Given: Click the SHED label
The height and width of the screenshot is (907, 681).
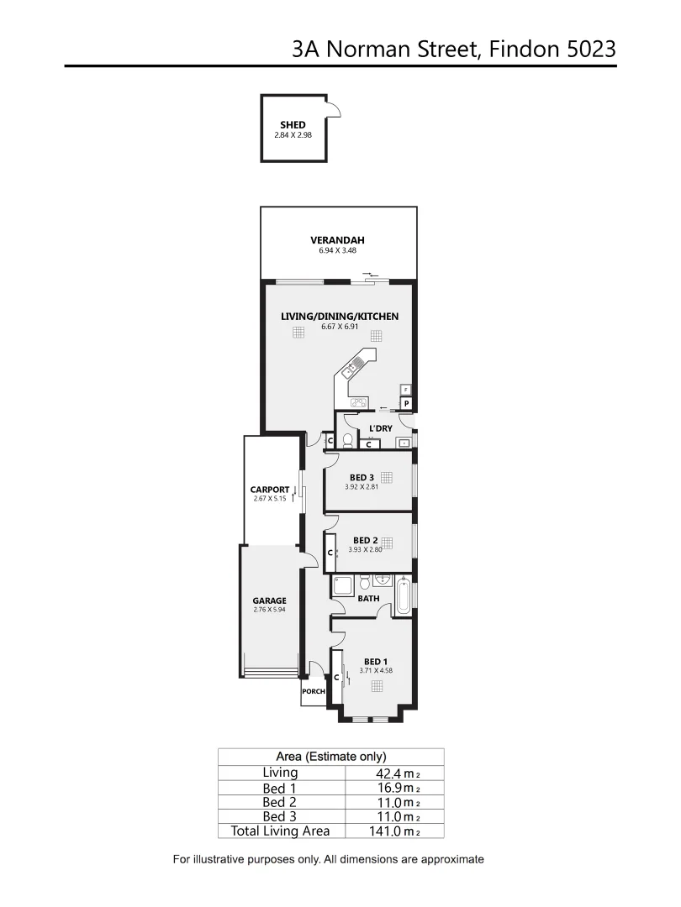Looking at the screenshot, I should click(293, 125).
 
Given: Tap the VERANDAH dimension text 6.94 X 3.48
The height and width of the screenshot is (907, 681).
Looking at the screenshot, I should click(338, 250).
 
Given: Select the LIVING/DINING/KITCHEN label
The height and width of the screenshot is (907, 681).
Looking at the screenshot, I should click(339, 317).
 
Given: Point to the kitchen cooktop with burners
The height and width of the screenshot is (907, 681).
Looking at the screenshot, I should click(359, 401).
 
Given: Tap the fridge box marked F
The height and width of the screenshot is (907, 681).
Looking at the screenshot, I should click(405, 390).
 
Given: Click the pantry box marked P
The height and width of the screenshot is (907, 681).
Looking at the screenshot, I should click(406, 404).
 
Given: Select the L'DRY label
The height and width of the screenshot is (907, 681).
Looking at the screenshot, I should click(380, 428).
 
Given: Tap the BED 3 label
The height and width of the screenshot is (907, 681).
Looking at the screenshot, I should click(362, 477).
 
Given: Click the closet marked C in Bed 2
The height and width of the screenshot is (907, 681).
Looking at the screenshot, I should click(330, 553).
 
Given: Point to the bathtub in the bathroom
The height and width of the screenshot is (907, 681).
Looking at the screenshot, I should click(404, 597).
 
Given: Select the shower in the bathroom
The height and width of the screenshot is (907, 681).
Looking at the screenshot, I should click(343, 586).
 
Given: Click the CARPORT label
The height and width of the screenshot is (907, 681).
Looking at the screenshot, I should click(269, 490).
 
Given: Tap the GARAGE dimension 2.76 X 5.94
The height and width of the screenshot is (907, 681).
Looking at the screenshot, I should click(269, 610).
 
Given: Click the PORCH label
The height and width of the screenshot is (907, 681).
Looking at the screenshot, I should click(313, 691).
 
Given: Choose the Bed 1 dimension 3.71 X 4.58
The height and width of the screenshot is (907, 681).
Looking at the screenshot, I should click(377, 670).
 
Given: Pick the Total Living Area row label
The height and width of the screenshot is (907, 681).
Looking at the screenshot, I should click(280, 831).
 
